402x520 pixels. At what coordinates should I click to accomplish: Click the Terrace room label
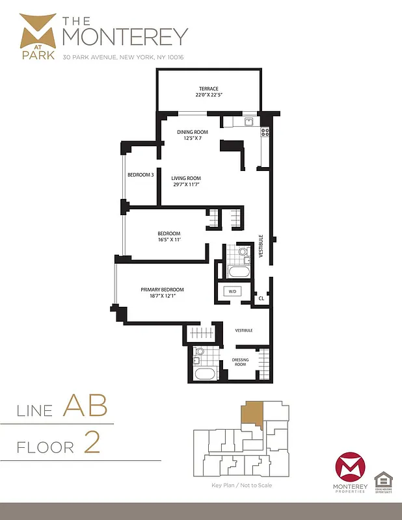[x=208, y=88]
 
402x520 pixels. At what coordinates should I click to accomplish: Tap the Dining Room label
[x=193, y=132]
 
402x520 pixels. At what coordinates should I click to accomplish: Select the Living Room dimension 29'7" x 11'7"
[x=186, y=185]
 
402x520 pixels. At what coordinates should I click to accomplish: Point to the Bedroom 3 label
[x=141, y=175]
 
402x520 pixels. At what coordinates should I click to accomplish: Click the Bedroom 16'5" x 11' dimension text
[x=168, y=240]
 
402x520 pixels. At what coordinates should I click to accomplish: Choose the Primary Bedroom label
[x=163, y=290]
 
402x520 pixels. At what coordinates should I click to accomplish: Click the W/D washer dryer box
[x=232, y=292]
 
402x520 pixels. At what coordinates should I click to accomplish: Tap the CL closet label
[x=261, y=299]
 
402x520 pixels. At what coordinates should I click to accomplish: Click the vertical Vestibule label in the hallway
[x=261, y=246]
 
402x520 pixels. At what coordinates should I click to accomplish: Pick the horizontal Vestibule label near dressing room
[x=243, y=330]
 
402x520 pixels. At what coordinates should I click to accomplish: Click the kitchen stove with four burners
[x=265, y=132]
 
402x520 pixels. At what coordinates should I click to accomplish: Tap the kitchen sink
[x=248, y=122]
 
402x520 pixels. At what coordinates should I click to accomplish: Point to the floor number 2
[x=92, y=444]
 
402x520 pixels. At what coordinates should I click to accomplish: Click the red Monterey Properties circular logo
[x=351, y=469]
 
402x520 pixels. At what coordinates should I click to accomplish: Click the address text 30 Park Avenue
[x=123, y=57]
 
